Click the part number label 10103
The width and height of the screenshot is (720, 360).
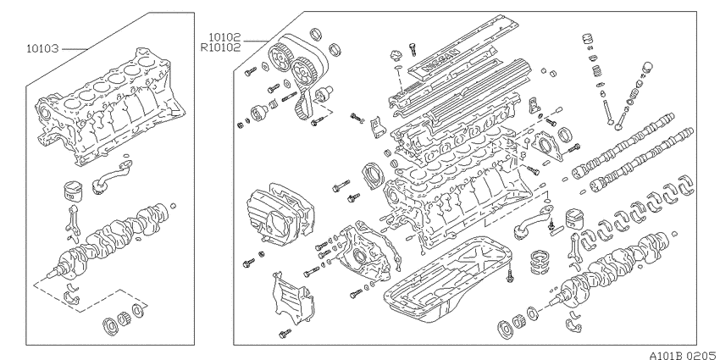pos(42,48)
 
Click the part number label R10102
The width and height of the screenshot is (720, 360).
pos(220,47)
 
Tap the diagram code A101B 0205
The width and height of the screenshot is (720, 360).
pos(681,355)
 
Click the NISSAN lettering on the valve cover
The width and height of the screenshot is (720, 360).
pos(440,59)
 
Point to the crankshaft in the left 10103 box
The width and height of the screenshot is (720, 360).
pos(110,239)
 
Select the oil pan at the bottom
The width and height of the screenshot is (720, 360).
pos(448,274)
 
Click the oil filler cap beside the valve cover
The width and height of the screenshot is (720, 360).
pos(396,57)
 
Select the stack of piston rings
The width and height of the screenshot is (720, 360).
pos(540,262)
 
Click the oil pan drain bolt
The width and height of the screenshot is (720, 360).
pos(510,275)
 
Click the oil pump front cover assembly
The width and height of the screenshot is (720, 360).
pos(363,250)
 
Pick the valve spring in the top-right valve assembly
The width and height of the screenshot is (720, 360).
pos(596,70)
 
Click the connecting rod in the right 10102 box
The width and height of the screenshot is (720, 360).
pos(576,248)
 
